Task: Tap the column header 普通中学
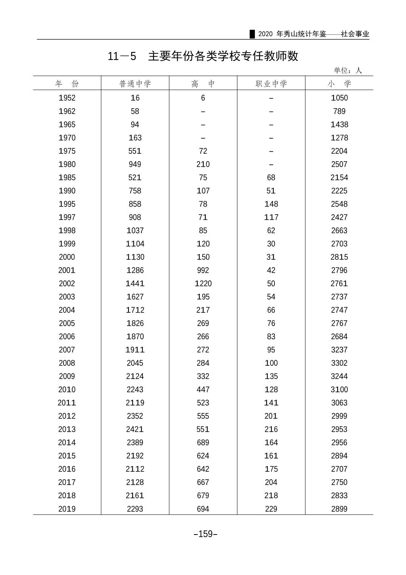135,84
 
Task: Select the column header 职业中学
271,84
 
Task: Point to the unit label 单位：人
348,70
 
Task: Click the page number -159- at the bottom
205,534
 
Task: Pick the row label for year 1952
67,98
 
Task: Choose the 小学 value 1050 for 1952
339,98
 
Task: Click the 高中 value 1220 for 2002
203,283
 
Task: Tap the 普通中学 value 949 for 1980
135,164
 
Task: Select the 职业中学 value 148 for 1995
271,204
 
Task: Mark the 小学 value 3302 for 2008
339,363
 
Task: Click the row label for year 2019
67,509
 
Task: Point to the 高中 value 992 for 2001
203,270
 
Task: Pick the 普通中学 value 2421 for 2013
135,429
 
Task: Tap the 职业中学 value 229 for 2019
271,509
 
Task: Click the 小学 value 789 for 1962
339,111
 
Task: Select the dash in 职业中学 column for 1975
271,151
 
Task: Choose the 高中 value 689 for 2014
203,442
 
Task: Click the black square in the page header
252,34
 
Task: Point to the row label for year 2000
67,257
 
